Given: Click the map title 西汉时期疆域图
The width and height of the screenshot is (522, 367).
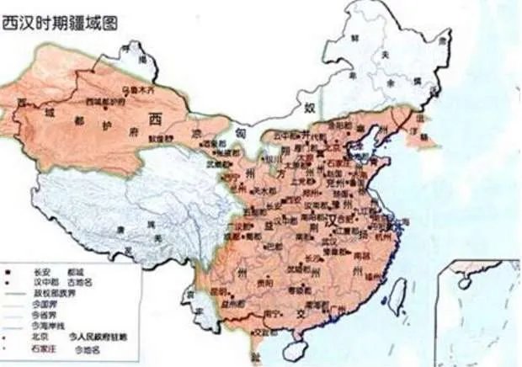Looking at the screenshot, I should [60, 22].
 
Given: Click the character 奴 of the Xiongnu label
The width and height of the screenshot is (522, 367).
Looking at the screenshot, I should [308, 107].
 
